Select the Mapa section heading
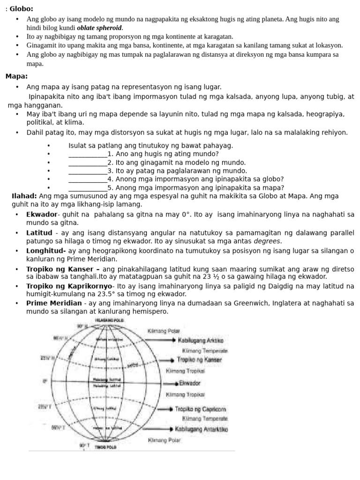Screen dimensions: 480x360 16,76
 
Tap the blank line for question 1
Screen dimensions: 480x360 88,154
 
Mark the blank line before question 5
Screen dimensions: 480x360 88,187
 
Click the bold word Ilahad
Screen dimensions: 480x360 24,196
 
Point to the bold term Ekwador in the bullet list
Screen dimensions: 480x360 41,214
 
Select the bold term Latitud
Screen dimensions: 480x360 39,232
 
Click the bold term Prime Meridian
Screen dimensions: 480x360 53,303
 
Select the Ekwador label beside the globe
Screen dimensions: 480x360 190,383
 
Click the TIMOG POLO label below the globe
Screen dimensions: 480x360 105,448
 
